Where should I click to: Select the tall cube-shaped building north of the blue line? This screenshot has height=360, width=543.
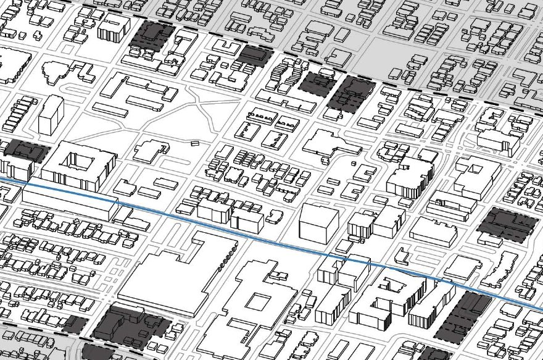click(318, 224)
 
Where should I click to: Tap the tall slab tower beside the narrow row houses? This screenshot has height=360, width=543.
click(51, 115)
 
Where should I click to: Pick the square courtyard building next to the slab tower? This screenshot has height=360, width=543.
click(80, 164)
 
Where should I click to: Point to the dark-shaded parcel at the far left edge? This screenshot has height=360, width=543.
click(25, 151)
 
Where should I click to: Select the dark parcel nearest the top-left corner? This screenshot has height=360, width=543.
click(150, 35)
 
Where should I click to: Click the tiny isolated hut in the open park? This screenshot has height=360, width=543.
click(195, 144)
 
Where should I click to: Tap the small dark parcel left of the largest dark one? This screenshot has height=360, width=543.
click(75, 324)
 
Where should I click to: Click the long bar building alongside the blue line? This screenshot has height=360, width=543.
click(68, 204)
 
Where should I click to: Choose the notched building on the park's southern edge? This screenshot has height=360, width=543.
click(151, 150)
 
